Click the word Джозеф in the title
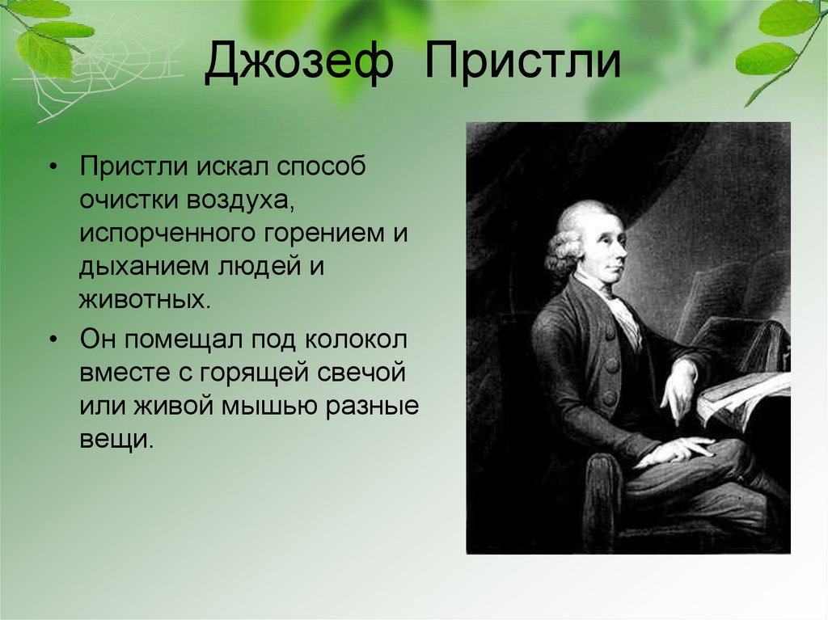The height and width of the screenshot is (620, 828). (x=299, y=63)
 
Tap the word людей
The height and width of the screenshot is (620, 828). (x=259, y=267)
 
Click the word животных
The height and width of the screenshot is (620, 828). (x=146, y=299)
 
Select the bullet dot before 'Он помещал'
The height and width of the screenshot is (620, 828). (x=53, y=340)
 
